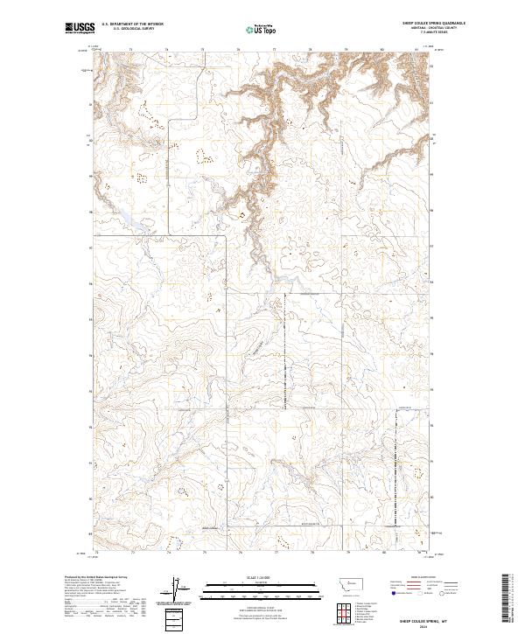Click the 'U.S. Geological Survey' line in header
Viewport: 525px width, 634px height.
(132, 29)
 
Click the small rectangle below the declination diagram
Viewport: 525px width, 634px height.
(175, 618)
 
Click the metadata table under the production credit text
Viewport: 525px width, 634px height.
(105, 603)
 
